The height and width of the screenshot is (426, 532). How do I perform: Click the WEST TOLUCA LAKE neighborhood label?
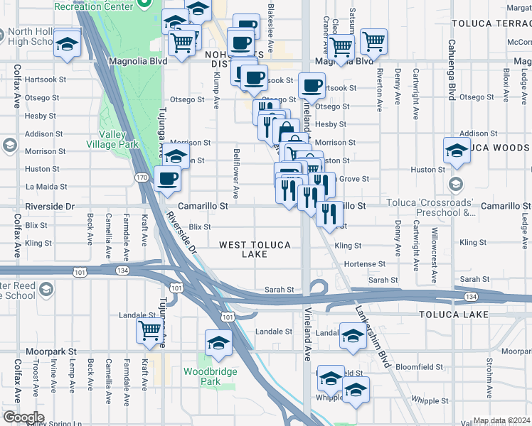coord(255,249)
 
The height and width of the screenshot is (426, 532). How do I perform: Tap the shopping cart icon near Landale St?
coord(150,330)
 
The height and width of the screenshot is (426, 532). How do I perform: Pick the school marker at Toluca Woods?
coord(456,150)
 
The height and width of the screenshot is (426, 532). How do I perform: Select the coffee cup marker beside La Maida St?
coord(167,179)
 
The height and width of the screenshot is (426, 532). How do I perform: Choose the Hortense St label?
coord(364,263)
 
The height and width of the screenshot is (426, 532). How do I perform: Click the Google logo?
coord(23,417)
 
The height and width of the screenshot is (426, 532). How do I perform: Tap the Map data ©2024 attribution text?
coord(502,420)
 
